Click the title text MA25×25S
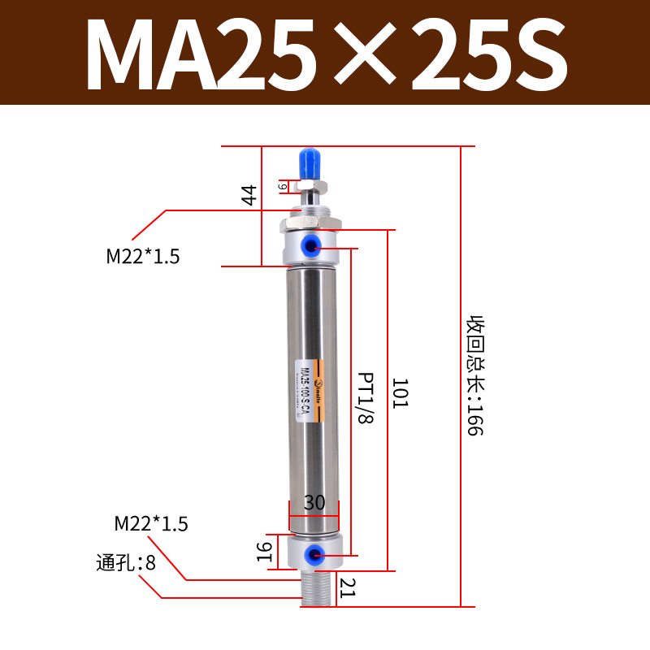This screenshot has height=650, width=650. pos(325,54)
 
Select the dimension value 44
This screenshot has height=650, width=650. pos(249,195)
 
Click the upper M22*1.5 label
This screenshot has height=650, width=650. pos(143,257)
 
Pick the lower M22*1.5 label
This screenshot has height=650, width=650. pos(151,524)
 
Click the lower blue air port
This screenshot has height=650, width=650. pos(311,555)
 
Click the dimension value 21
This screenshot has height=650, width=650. pos(348,586)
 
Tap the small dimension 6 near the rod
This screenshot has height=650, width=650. pos(282,186)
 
